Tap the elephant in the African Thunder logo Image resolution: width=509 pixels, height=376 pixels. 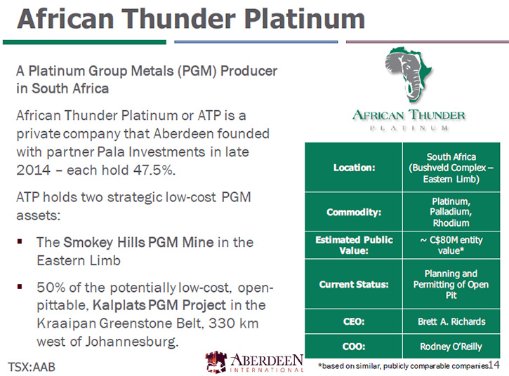click(x=406, y=76)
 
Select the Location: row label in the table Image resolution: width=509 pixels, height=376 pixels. click(x=354, y=168)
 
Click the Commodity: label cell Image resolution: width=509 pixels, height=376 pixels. click(x=354, y=212)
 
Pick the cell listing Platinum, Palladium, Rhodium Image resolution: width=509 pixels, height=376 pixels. click(x=451, y=212)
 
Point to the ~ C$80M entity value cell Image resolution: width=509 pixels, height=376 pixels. click(x=451, y=245)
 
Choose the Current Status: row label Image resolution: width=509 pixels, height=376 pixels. click(x=354, y=284)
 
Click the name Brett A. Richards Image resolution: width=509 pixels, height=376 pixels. click(x=451, y=321)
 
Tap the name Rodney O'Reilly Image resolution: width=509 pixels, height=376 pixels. click(x=451, y=347)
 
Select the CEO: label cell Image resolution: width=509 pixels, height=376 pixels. click(x=354, y=321)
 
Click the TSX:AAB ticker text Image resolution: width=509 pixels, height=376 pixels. click(x=32, y=367)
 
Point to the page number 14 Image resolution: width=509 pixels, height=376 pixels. click(x=494, y=365)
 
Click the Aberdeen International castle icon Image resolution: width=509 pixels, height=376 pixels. click(x=216, y=361)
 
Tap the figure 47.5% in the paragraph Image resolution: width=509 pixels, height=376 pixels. click(x=154, y=170)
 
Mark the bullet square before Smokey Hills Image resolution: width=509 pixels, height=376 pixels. click(x=20, y=241)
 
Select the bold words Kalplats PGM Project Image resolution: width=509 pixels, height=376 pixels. click(x=159, y=305)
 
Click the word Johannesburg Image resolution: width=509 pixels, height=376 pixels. click(x=132, y=342)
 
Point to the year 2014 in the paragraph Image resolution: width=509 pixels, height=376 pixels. click(x=34, y=170)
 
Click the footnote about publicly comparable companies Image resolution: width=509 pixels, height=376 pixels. click(x=403, y=366)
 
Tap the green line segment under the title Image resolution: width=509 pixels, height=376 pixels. click(x=84, y=42)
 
